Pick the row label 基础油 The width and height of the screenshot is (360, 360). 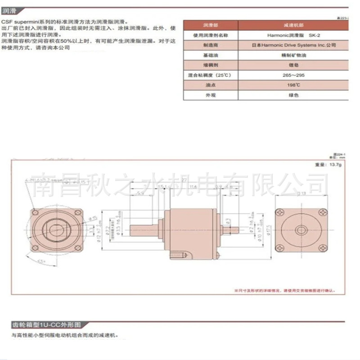click(x=207, y=55)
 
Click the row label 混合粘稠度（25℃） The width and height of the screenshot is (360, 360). click(x=207, y=75)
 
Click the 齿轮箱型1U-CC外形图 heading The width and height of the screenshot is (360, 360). click(x=47, y=324)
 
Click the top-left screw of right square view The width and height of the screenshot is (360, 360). click(x=281, y=211)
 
